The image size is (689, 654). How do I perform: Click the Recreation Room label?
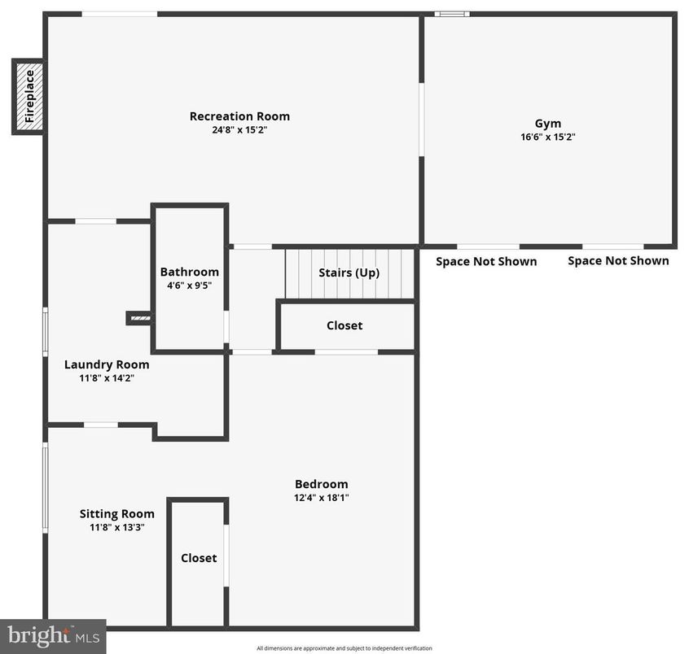point(239,116)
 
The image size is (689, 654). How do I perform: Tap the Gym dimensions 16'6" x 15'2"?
point(548,137)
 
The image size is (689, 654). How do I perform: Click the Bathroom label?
point(189,272)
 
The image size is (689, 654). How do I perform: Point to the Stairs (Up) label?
point(349,272)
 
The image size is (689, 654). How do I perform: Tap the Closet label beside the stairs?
point(344,325)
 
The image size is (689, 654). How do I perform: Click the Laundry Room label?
point(107,364)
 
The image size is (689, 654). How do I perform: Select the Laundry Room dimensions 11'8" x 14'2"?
point(107,378)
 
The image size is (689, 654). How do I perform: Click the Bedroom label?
point(321,483)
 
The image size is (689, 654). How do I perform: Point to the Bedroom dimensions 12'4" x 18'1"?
point(321,497)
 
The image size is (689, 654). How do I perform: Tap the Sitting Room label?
point(116,513)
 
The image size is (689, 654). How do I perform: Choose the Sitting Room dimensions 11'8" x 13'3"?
point(116,527)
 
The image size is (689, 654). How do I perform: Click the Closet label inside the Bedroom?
point(199,558)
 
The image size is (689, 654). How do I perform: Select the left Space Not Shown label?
point(486,261)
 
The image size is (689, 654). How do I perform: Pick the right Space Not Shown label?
point(618,260)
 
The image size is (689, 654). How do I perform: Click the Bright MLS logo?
point(52,636)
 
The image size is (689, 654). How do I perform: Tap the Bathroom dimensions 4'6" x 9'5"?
point(189,286)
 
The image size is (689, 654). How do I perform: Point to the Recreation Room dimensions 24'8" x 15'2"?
point(239,130)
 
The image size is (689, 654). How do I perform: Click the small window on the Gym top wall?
point(451,14)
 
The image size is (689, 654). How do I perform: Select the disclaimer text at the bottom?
point(344,648)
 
